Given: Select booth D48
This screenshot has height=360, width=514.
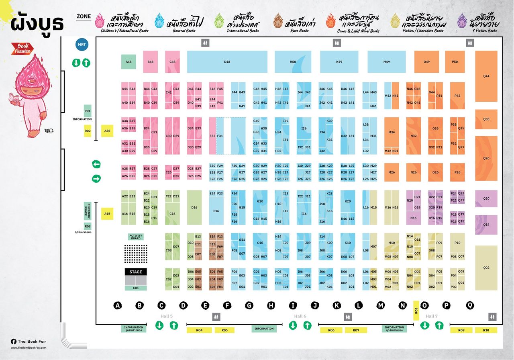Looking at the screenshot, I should point(227,62).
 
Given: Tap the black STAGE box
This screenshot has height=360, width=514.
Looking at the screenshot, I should point(135,272).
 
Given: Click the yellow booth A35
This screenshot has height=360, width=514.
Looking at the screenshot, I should point(107,131).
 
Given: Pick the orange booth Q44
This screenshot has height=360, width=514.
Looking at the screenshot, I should point(486,76).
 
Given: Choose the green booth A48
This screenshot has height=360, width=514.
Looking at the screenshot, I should point(128,62).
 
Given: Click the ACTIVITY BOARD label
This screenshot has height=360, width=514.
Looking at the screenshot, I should point(136,237).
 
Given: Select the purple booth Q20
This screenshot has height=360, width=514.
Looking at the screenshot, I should point(486,198).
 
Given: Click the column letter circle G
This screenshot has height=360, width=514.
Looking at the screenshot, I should point(249,306).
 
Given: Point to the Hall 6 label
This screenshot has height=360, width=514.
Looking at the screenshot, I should point(300,316).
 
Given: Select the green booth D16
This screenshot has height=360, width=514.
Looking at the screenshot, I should point(194,207).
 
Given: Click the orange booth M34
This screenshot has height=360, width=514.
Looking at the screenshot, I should point(392,132).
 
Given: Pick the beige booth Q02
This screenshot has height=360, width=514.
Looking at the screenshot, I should point(486,268).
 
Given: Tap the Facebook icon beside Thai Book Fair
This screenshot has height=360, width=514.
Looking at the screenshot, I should point(13,341).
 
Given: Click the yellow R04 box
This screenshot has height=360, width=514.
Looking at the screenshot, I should point(199,330).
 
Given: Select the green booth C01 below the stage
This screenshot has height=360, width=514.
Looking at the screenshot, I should point(135,288).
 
